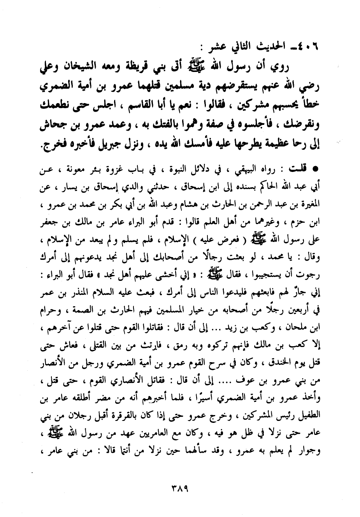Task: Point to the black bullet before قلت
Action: tap(316, 169)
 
